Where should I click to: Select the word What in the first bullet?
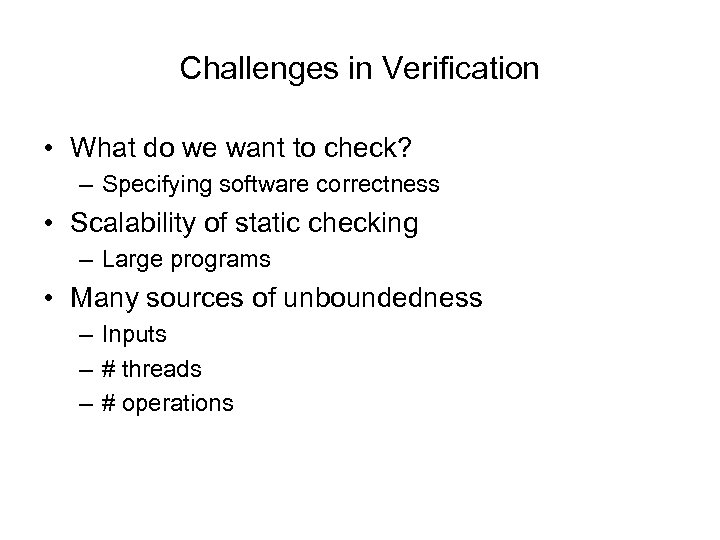click(100, 147)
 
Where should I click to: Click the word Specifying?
click(148, 185)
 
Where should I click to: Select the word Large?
click(126, 260)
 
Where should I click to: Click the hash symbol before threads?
click(108, 369)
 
